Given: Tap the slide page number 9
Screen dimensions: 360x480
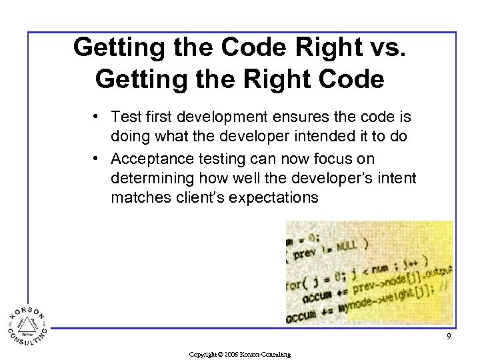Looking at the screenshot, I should [449, 337].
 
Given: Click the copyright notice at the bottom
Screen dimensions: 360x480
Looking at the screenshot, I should [239, 354].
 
